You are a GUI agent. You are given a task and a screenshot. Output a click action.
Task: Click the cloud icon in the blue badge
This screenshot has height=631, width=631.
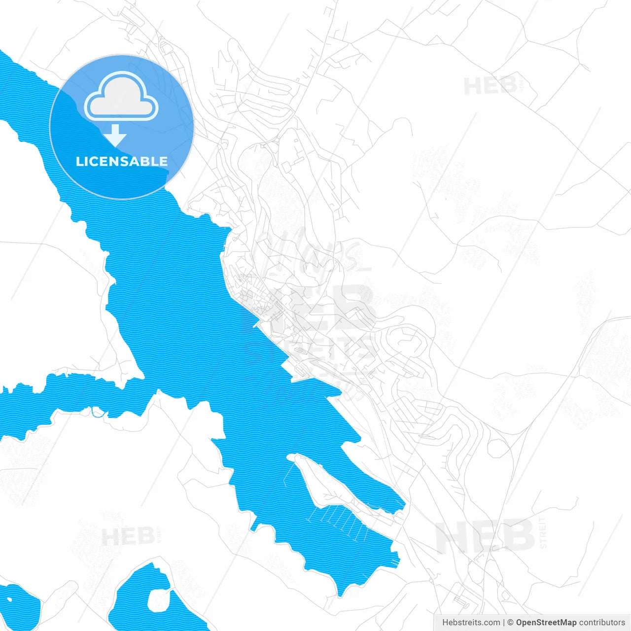click(121, 97)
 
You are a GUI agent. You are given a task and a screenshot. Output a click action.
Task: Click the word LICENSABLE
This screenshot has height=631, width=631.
click(121, 161)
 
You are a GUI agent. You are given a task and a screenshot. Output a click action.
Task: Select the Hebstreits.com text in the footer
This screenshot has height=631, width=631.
click(471, 623)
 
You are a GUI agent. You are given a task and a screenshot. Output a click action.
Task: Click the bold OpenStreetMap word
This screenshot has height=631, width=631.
click(546, 623)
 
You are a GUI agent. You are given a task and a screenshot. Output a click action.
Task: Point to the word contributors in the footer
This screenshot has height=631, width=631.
click(602, 623)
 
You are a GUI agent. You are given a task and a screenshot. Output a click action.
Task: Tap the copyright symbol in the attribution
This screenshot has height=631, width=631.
click(510, 623)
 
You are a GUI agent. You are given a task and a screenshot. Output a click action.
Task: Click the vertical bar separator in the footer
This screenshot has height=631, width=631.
click(504, 623)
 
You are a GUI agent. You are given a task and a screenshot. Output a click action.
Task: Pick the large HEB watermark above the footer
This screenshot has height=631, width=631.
click(485, 536)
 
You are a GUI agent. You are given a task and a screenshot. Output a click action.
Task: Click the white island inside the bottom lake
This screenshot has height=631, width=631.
click(159, 600)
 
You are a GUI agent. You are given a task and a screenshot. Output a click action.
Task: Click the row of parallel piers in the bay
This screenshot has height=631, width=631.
click(340, 520)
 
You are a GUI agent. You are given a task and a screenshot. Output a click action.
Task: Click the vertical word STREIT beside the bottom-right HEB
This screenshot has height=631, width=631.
click(543, 533)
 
